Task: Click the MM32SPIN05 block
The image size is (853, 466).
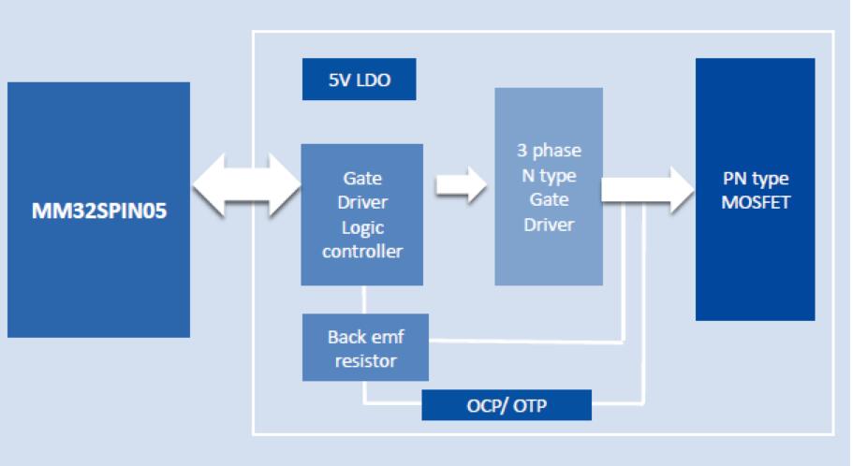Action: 98,209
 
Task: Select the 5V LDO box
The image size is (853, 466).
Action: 359,80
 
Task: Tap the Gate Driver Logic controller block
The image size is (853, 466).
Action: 361,214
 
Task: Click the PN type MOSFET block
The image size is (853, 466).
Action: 755,189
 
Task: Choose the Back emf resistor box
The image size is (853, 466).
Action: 365,346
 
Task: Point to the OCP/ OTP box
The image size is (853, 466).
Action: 507,405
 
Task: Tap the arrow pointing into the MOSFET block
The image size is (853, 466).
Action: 650,190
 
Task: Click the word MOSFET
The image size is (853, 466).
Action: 755,201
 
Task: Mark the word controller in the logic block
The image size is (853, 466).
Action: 361,251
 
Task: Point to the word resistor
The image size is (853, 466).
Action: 366,359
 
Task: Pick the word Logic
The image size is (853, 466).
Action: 361,226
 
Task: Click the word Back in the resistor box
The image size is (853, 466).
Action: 347,337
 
